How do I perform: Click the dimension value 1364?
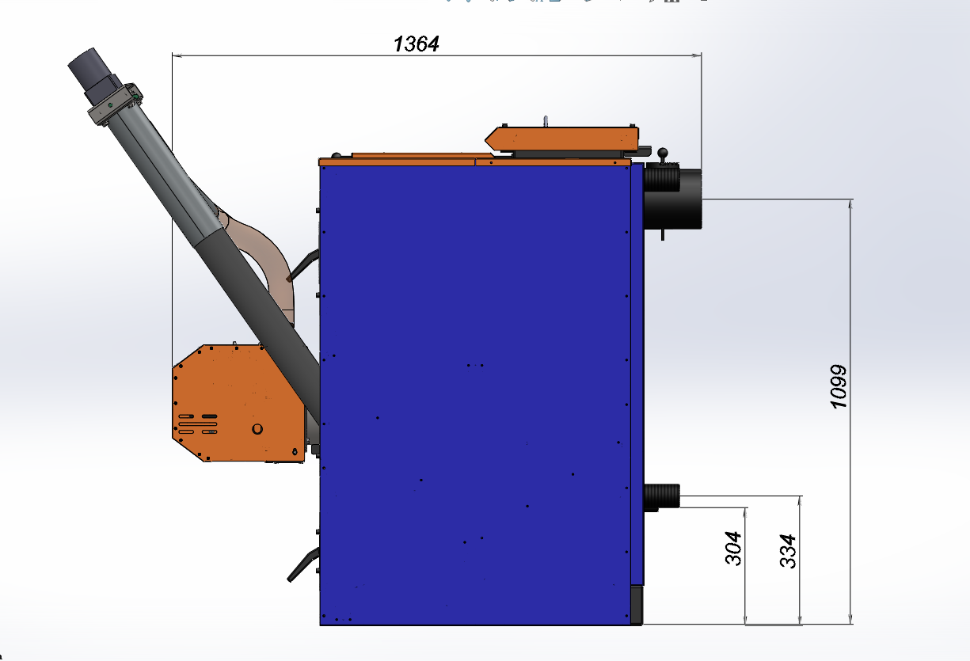coord(417,44)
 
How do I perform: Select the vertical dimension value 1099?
coord(839,386)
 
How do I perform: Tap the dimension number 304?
coord(732,548)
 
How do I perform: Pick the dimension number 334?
coord(788,551)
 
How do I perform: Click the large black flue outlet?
coord(673,199)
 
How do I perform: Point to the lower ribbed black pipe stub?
coord(662,496)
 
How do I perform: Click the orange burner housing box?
coord(238,404)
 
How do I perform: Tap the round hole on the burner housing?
coord(257,429)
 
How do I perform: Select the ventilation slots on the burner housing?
coord(198,424)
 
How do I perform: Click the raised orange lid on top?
coord(561,139)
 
